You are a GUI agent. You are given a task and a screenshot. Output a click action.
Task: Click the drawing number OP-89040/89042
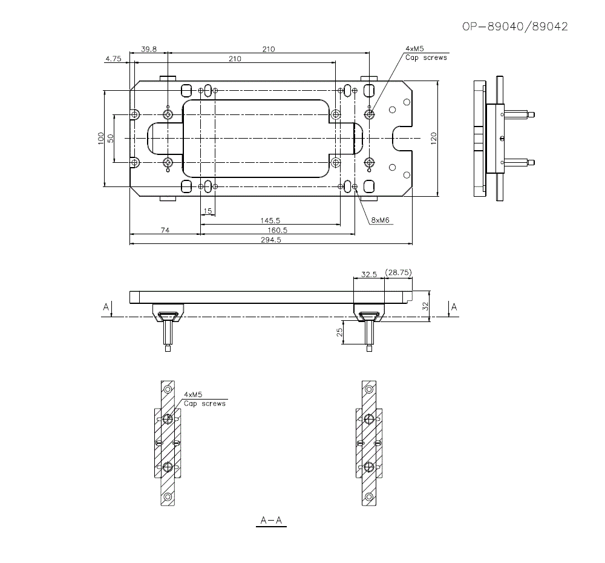point(515,27)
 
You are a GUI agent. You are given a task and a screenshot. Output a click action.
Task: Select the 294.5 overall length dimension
point(271,240)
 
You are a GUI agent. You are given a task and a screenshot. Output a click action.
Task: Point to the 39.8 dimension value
point(149,49)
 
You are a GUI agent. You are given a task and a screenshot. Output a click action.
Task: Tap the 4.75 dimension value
point(114,59)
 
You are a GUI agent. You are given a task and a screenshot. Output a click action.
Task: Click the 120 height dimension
point(433,139)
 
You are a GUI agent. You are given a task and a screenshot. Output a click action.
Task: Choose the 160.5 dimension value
point(278,230)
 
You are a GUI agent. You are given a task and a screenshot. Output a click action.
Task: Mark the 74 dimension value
point(165,230)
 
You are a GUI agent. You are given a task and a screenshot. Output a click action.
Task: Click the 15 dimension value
point(208,211)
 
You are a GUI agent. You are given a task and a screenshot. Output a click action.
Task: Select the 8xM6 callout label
point(381,220)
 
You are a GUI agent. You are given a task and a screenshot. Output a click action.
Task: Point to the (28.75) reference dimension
point(397,273)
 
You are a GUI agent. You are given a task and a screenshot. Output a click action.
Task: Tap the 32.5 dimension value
point(369,274)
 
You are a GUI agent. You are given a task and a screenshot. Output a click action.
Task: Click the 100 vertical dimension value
point(100,139)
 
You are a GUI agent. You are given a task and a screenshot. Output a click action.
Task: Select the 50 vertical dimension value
point(111,139)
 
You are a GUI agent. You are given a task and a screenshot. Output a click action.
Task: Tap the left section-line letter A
point(106,308)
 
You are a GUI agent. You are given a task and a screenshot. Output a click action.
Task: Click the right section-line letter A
point(454,308)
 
